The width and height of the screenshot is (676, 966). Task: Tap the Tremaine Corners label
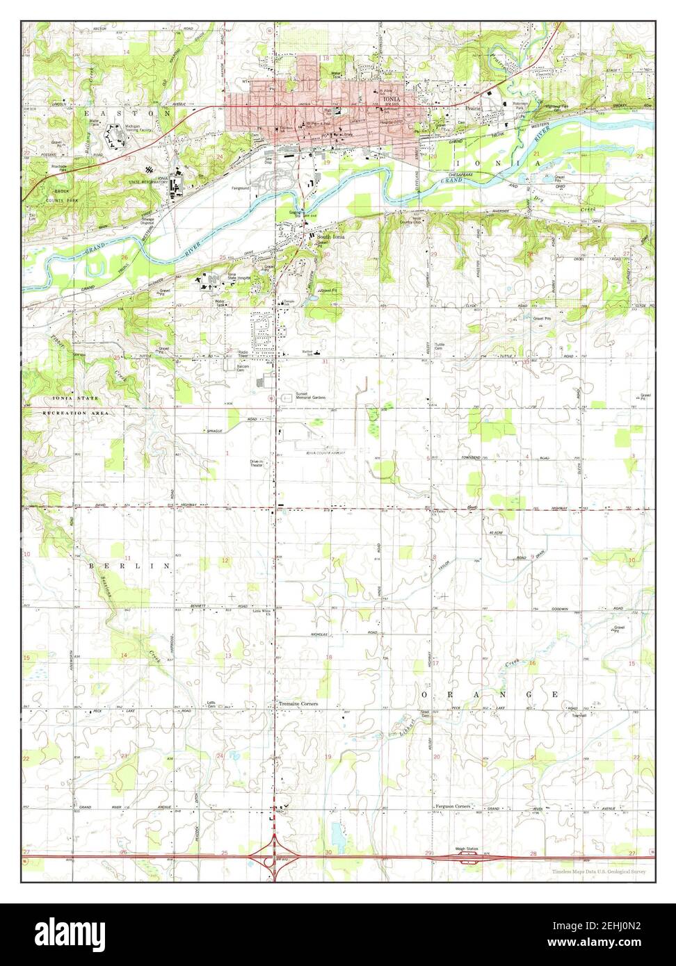(298, 704)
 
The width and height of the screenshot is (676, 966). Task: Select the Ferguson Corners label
(453, 806)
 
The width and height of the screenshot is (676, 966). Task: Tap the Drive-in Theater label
(257, 463)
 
